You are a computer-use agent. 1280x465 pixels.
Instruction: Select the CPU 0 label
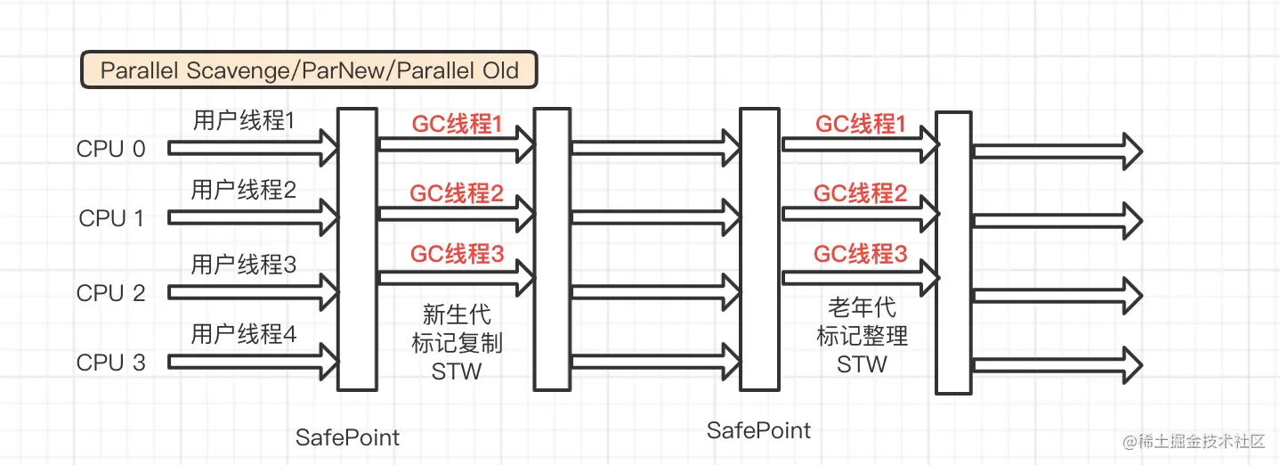pos(110,149)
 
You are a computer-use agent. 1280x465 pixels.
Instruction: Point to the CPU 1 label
pos(111,218)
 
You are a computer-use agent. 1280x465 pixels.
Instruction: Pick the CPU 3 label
pos(111,363)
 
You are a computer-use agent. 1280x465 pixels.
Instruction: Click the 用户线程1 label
pos(243,120)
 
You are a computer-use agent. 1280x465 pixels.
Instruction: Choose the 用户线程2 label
pos(243,190)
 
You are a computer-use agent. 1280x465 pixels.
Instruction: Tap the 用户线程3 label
pos(243,265)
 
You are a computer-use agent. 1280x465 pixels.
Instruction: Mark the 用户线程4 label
pos(243,334)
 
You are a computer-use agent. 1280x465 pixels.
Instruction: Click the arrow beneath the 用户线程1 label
pos(254,149)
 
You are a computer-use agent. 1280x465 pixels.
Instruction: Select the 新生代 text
pos(457,314)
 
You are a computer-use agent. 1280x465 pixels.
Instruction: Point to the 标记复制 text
pos(457,343)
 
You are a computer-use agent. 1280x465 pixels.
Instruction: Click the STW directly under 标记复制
pos(457,371)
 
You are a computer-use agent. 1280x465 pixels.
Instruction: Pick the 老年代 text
pos(862,308)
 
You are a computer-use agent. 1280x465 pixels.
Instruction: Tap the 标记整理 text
pos(862,337)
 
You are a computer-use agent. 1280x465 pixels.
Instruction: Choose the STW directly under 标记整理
pos(862,364)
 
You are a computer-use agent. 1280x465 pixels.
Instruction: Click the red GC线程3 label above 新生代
pos(457,254)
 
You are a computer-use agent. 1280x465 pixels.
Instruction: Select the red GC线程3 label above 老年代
pos(861,254)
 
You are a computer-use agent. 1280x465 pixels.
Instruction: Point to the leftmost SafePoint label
pos(347,437)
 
